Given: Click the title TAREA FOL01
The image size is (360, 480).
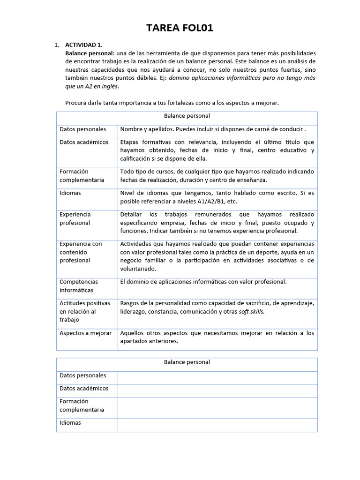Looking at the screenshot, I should (180, 29).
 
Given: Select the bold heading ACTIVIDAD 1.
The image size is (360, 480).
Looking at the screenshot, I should (83, 45).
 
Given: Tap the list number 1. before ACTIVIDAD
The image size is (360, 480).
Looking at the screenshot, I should (57, 45).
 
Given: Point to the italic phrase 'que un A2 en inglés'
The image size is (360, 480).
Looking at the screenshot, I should (92, 86).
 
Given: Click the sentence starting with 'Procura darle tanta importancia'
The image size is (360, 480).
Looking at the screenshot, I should (172, 103).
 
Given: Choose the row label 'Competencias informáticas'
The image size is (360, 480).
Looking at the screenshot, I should (79, 286).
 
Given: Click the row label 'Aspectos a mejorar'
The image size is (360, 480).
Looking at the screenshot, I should (85, 333).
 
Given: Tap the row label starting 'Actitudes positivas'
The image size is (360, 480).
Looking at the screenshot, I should (85, 311).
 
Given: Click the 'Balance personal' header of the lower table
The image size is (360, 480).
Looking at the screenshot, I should (187, 362).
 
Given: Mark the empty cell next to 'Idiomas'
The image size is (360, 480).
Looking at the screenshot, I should (217, 425).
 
